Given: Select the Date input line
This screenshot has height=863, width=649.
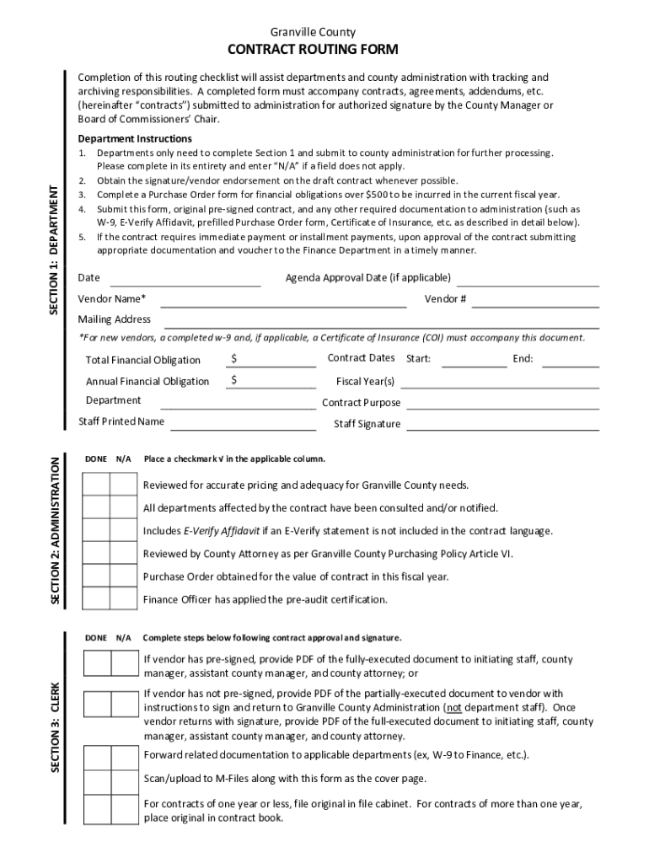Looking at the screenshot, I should pos(185,280).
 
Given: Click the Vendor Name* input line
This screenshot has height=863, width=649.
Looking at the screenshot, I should pos(271,301).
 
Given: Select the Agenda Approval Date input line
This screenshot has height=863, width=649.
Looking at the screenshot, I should pos(528,280).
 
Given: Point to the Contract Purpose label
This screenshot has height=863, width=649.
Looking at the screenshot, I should pos(362,403).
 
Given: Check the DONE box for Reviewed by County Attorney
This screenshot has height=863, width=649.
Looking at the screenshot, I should pos(96,554).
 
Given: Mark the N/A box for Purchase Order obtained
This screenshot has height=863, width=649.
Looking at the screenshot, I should pos(123,576).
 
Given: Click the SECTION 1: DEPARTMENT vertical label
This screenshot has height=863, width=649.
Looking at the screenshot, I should pos(54,251).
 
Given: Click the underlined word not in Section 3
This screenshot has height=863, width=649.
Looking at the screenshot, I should pos(453,708).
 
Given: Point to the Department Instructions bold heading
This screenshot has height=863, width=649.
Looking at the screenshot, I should pos(135,138).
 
